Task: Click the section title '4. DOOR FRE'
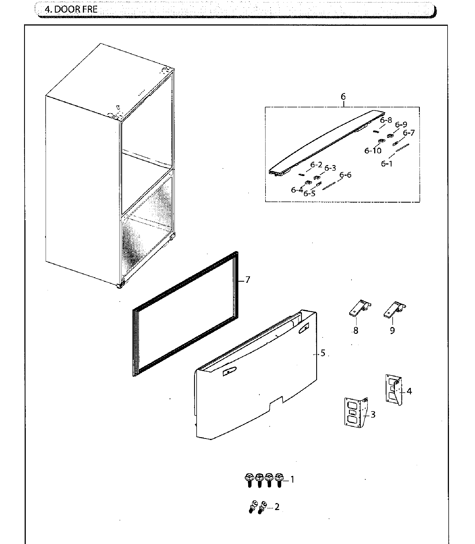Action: [71, 10]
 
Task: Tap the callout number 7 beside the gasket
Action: [247, 280]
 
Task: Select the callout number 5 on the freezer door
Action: [323, 353]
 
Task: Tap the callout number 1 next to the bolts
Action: [292, 480]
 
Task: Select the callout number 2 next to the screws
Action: [277, 507]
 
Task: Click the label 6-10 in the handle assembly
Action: [373, 151]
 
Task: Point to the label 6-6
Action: [345, 175]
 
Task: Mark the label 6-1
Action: [386, 164]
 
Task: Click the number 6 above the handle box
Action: [343, 97]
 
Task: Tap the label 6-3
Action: [330, 168]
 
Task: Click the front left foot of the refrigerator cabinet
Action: [120, 286]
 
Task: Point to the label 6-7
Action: [409, 133]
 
